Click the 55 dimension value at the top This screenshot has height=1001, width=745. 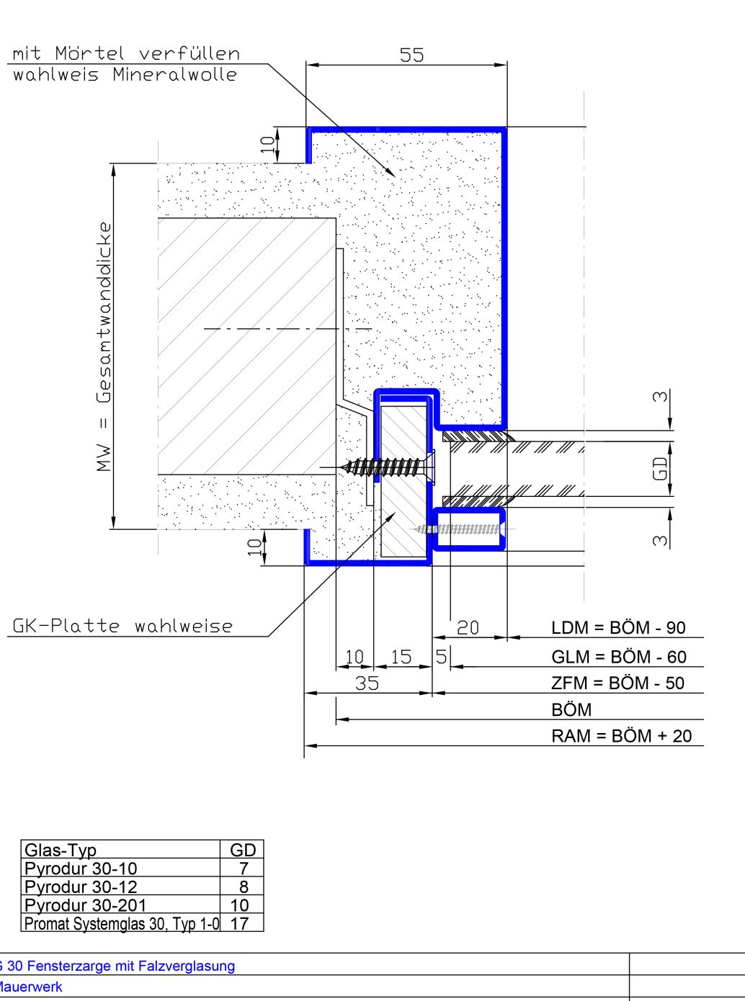pyautogui.click(x=412, y=55)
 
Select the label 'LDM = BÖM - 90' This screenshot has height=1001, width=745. pyautogui.click(x=618, y=627)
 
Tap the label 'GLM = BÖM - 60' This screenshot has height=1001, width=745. pyautogui.click(x=619, y=657)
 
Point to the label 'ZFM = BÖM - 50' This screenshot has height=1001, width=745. pyautogui.click(x=617, y=683)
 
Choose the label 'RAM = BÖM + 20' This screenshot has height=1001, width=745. pyautogui.click(x=621, y=736)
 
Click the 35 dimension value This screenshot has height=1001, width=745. pyautogui.click(x=367, y=683)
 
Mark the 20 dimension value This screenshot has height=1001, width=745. pyautogui.click(x=468, y=628)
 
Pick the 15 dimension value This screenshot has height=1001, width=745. pyautogui.click(x=401, y=657)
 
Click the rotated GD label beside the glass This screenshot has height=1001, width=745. pyautogui.click(x=660, y=469)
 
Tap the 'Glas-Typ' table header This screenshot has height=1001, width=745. pyautogui.click(x=61, y=850)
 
